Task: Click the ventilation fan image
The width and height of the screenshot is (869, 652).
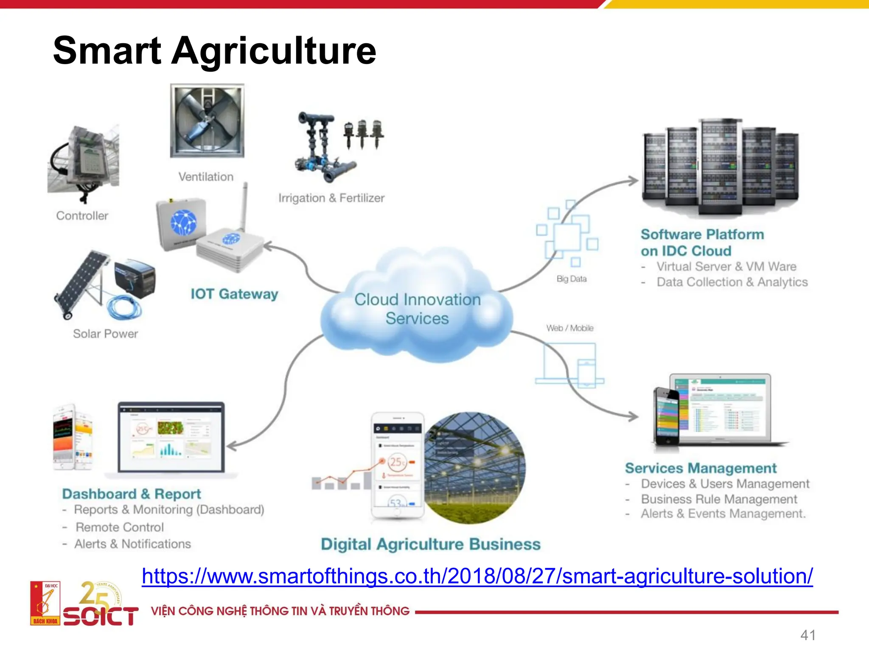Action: tap(207, 121)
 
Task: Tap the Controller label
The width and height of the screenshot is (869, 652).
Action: tap(82, 216)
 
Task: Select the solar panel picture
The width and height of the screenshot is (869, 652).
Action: tap(81, 282)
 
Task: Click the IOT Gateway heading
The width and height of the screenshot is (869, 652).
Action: tap(234, 294)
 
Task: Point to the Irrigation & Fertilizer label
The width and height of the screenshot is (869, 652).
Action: tap(331, 198)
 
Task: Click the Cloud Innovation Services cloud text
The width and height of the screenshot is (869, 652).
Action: tap(418, 309)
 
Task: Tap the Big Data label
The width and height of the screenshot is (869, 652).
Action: tap(572, 279)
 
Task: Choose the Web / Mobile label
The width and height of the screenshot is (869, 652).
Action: tap(570, 328)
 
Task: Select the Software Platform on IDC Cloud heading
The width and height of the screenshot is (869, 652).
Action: tap(702, 242)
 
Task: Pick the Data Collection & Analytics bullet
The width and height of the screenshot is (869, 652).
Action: tap(732, 282)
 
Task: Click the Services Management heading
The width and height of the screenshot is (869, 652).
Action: tap(701, 468)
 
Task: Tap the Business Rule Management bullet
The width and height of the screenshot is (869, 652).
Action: tap(719, 499)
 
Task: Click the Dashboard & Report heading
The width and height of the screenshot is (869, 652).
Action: tap(132, 494)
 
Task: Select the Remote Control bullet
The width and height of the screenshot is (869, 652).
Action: tap(120, 527)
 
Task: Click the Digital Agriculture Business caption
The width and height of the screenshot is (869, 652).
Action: tap(431, 544)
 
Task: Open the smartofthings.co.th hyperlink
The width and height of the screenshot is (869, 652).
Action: tap(477, 576)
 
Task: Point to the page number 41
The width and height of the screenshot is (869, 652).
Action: tap(808, 635)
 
